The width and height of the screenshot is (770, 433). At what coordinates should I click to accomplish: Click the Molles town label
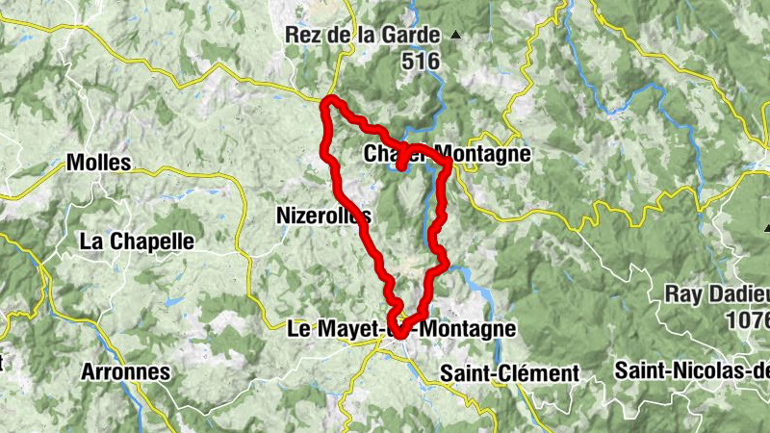click(99, 163)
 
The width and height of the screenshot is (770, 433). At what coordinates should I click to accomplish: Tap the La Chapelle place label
click(139, 241)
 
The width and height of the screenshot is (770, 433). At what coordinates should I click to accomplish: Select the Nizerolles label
click(322, 216)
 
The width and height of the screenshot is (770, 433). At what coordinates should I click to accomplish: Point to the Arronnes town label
click(125, 371)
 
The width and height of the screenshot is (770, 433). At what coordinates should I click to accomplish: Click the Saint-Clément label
click(509, 372)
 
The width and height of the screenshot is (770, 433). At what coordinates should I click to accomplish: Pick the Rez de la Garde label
click(362, 35)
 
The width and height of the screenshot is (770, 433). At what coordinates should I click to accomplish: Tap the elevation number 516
click(421, 62)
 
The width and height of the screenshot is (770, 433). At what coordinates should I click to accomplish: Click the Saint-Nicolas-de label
click(693, 369)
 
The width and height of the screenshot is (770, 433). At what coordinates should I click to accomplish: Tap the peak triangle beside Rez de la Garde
click(456, 35)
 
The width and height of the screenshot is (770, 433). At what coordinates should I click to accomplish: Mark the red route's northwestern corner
click(330, 102)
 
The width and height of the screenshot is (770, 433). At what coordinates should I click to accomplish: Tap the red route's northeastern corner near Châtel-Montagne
click(447, 166)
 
